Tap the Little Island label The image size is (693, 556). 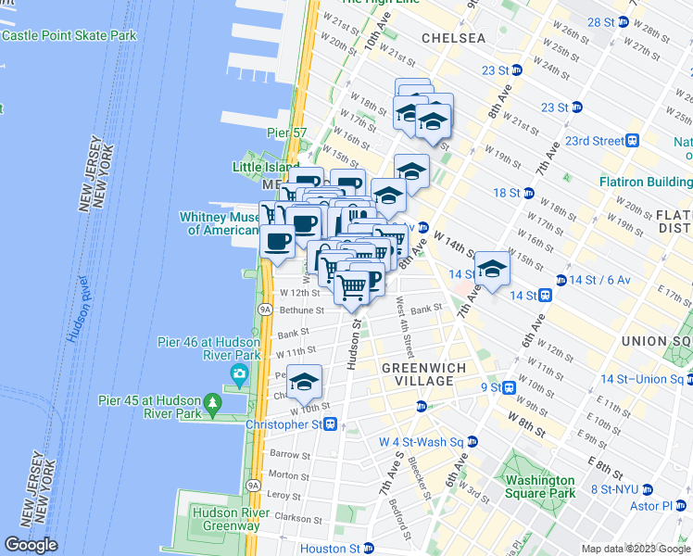[x=259, y=168]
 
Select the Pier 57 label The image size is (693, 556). [x=285, y=133]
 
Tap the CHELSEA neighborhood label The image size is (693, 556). [x=453, y=38]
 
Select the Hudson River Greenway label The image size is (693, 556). [x=225, y=518]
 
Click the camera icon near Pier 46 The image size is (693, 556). [x=240, y=375]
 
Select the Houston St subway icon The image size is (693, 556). [x=368, y=549]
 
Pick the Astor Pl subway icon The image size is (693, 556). [x=683, y=506]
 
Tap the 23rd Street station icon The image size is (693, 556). [x=633, y=141]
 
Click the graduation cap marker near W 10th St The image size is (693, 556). [x=304, y=381]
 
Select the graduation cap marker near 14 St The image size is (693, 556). [x=492, y=268]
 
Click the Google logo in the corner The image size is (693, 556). [x=31, y=546]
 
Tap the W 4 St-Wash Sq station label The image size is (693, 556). [x=422, y=442]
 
